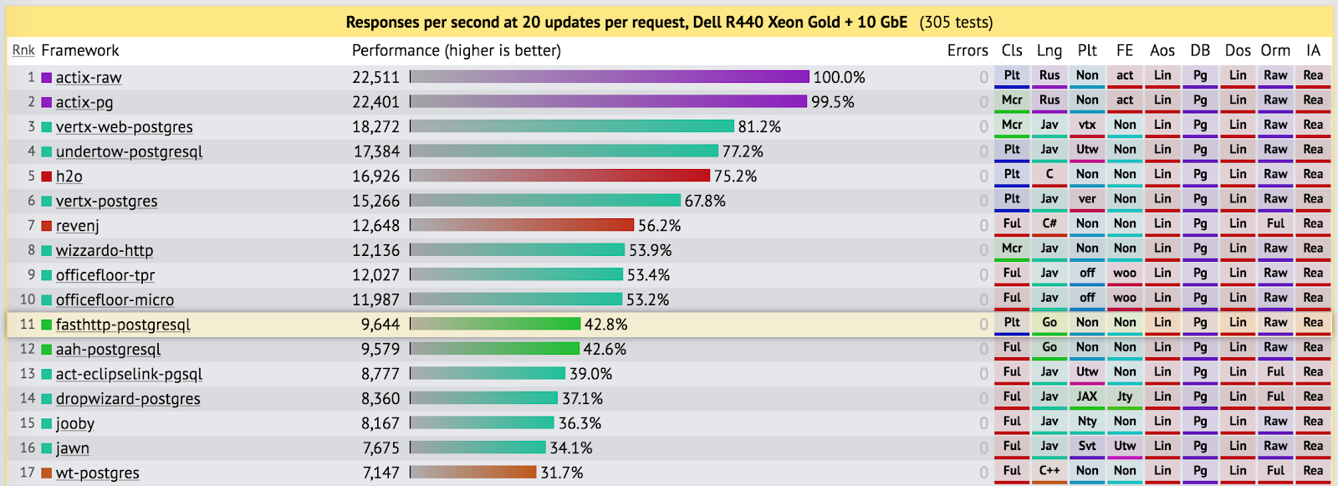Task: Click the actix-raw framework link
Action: pos(88,78)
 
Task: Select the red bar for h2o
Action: pos(560,176)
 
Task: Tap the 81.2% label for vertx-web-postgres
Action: pos(759,127)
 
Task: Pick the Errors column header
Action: pos(968,50)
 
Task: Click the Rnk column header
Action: pos(23,50)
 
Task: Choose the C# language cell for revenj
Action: pos(1049,223)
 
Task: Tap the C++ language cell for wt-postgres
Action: pos(1049,471)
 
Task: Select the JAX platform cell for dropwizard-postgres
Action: pos(1087,396)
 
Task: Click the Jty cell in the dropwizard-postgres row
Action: pos(1125,396)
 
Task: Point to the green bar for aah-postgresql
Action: pos(495,349)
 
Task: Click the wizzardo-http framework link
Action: pos(105,251)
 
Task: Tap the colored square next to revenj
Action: pos(47,226)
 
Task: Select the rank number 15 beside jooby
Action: pos(28,423)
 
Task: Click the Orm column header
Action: pos(1275,50)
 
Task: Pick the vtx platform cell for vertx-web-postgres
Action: pos(1087,125)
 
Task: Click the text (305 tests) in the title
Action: pos(956,23)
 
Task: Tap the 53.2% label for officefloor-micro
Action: pos(647,299)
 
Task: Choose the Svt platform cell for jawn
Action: pos(1087,446)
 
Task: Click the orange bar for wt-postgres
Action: pos(473,473)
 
